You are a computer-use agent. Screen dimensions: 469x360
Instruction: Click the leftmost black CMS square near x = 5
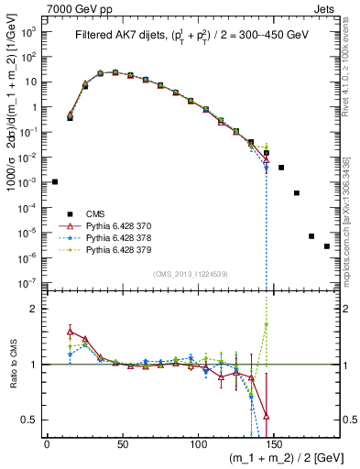click(x=55, y=181)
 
